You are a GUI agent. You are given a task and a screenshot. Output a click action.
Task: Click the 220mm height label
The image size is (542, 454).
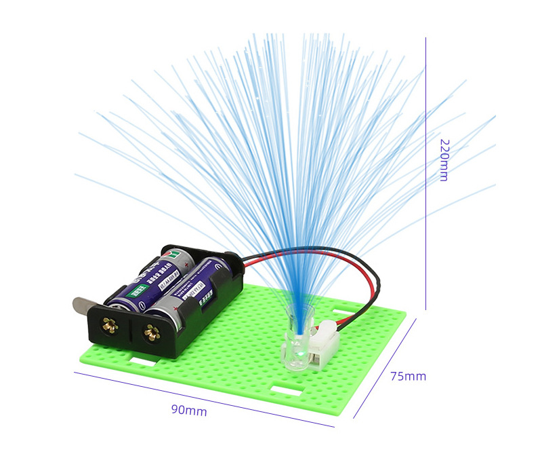tap(444, 160)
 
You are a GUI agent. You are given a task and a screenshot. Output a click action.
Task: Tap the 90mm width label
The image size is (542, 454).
tap(189, 410)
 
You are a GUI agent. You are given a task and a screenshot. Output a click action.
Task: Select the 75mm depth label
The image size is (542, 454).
tap(408, 376)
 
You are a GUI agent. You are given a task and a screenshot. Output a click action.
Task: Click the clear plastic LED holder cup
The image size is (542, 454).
tap(297, 339)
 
